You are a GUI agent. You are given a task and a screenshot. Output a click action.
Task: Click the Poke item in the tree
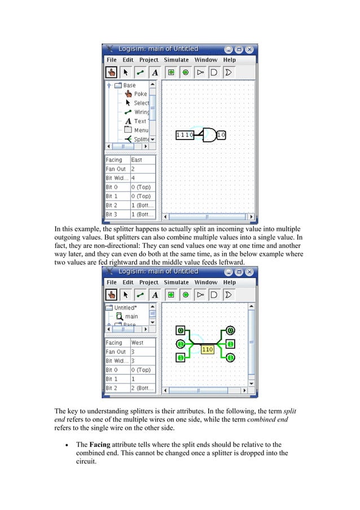pyautogui.click(x=140, y=94)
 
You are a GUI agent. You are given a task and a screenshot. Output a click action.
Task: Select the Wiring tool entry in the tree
pyautogui.click(x=141, y=112)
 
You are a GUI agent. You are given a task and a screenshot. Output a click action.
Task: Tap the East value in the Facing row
pyautogui.click(x=137, y=160)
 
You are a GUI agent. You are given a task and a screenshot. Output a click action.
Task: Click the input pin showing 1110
pyautogui.click(x=185, y=135)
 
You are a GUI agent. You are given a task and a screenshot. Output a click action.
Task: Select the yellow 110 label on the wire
pyautogui.click(x=207, y=350)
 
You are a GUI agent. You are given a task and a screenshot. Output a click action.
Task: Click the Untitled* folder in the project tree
pyautogui.click(x=125, y=308)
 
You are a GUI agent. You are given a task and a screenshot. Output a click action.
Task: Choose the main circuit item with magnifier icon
pyautogui.click(x=131, y=316)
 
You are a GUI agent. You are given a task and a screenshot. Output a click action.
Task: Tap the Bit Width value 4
pyautogui.click(x=133, y=178)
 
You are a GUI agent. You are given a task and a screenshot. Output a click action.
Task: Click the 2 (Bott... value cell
pyautogui.click(x=142, y=388)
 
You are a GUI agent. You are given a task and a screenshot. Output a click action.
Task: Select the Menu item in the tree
pyautogui.click(x=141, y=130)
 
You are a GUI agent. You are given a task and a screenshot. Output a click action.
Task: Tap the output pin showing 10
pyautogui.click(x=221, y=135)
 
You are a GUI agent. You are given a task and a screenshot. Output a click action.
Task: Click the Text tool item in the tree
pyautogui.click(x=140, y=121)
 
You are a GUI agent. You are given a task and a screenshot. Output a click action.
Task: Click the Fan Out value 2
pyautogui.click(x=133, y=169)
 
